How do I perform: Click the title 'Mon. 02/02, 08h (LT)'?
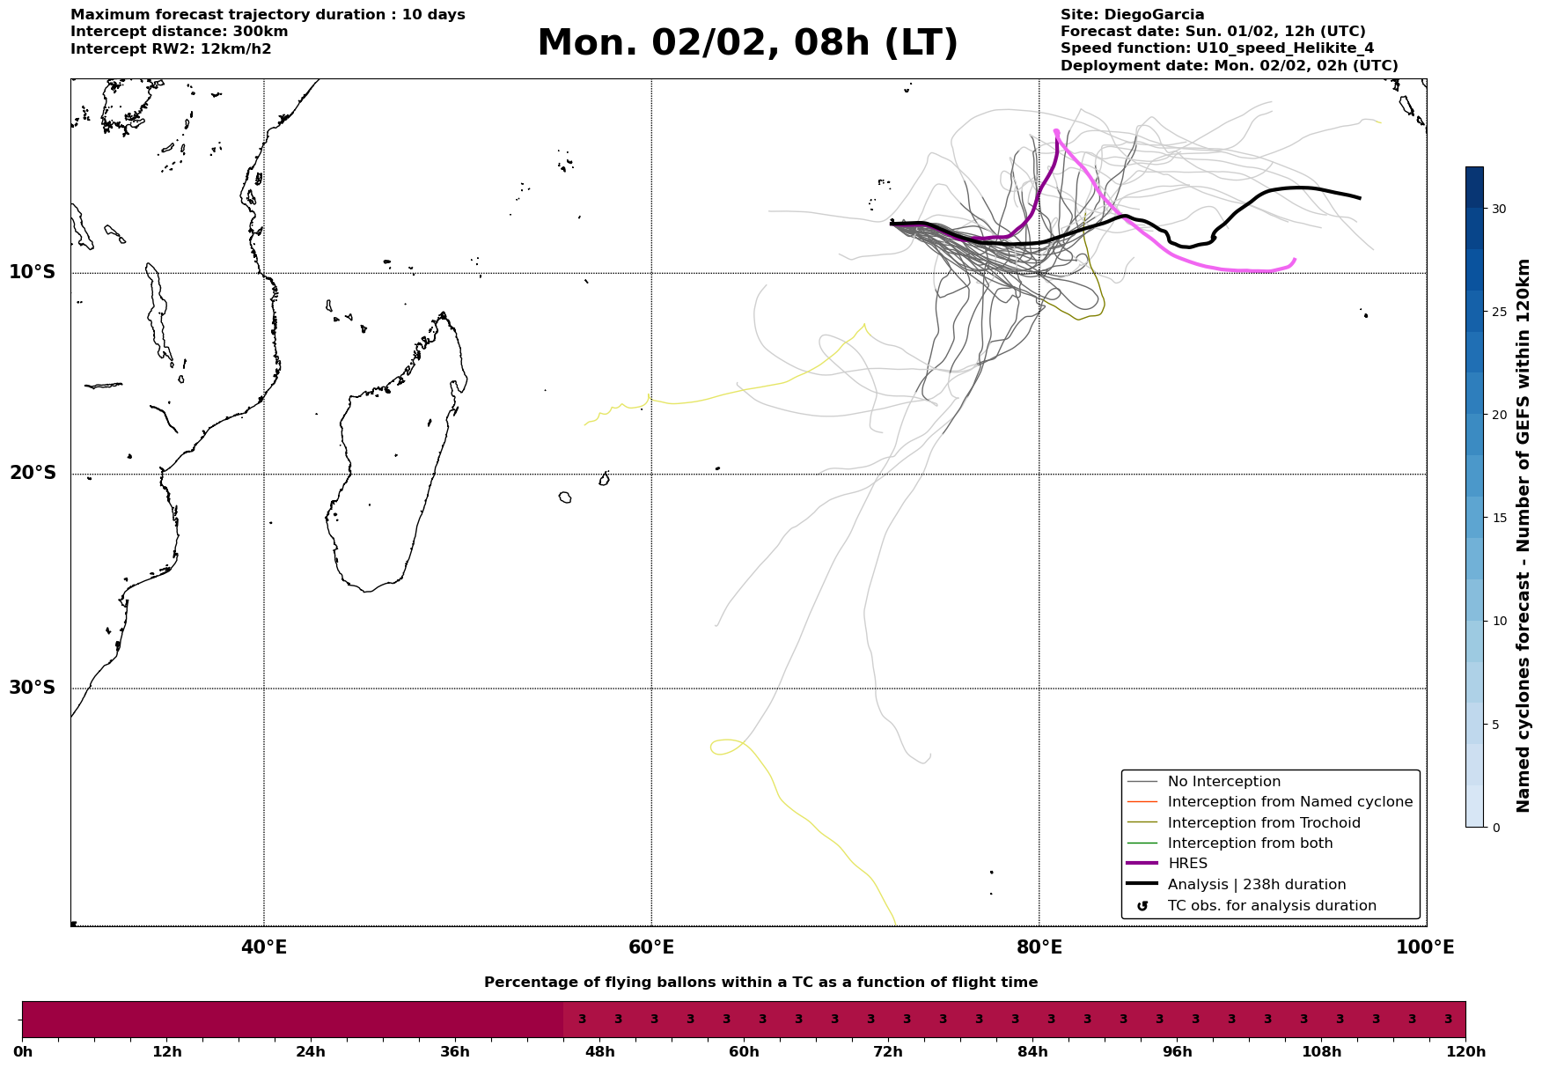747,43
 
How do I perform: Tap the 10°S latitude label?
33,272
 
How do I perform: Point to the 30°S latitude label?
33,688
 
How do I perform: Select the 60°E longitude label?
651,947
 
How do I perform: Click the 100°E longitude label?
1425,947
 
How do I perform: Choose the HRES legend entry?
1187,864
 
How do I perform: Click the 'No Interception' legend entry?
1223,782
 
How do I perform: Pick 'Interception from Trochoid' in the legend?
1263,823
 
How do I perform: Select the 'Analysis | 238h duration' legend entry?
1256,885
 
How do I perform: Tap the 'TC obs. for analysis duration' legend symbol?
1142,906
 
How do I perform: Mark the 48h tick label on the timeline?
599,1052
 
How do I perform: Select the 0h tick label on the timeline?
23,1052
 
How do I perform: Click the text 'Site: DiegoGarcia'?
1132,15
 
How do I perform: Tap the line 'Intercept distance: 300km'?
179,32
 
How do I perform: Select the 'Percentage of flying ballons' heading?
760,983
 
